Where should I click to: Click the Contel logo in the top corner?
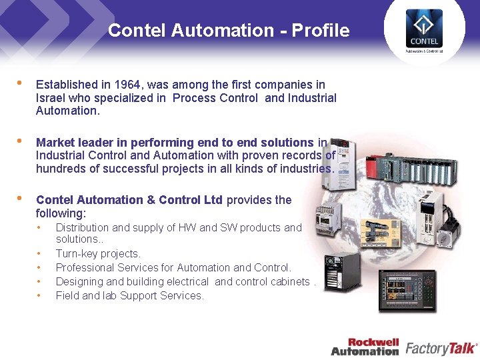point(424,30)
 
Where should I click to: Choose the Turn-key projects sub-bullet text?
point(98,253)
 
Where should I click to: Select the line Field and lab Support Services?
point(129,295)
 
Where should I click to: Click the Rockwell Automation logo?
point(365,347)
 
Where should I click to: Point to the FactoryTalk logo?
point(441,347)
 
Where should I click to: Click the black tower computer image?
point(338,274)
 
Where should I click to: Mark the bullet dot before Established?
point(21,84)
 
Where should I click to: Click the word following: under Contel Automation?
point(61,213)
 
